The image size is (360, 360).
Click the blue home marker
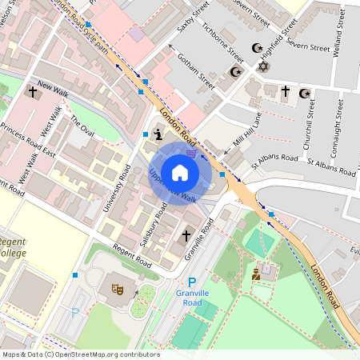tap(180, 172)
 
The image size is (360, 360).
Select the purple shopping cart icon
tap(191, 153)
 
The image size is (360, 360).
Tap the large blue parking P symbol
tap(191, 282)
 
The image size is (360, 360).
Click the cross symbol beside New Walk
tap(32, 92)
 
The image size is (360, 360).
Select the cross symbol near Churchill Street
tap(286, 93)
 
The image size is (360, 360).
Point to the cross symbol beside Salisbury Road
tap(186, 236)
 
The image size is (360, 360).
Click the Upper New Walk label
tap(172, 185)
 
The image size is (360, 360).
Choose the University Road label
tap(117, 188)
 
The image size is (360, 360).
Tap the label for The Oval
tap(82, 125)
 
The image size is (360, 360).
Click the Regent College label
tap(11, 247)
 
